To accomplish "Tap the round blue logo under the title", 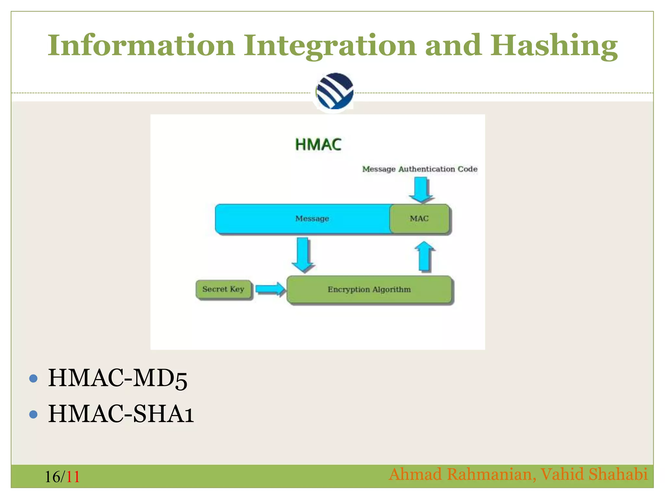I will click(x=334, y=91).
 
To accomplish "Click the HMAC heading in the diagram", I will click(x=318, y=145).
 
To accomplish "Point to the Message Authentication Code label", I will click(x=420, y=169).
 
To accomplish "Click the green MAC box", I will click(x=419, y=219).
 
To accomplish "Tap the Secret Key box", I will click(x=223, y=289).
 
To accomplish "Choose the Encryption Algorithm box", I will click(x=369, y=289).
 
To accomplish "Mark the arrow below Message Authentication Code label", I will click(x=421, y=190).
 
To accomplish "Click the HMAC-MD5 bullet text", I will click(x=118, y=378).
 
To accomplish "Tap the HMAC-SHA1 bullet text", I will click(x=121, y=414).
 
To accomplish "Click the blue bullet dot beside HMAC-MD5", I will click(x=33, y=378).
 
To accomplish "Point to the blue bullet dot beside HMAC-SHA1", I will click(x=33, y=414).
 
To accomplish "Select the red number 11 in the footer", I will click(x=73, y=477).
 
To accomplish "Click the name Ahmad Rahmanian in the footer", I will click(x=460, y=474).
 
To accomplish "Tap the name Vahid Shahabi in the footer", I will click(x=594, y=474).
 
